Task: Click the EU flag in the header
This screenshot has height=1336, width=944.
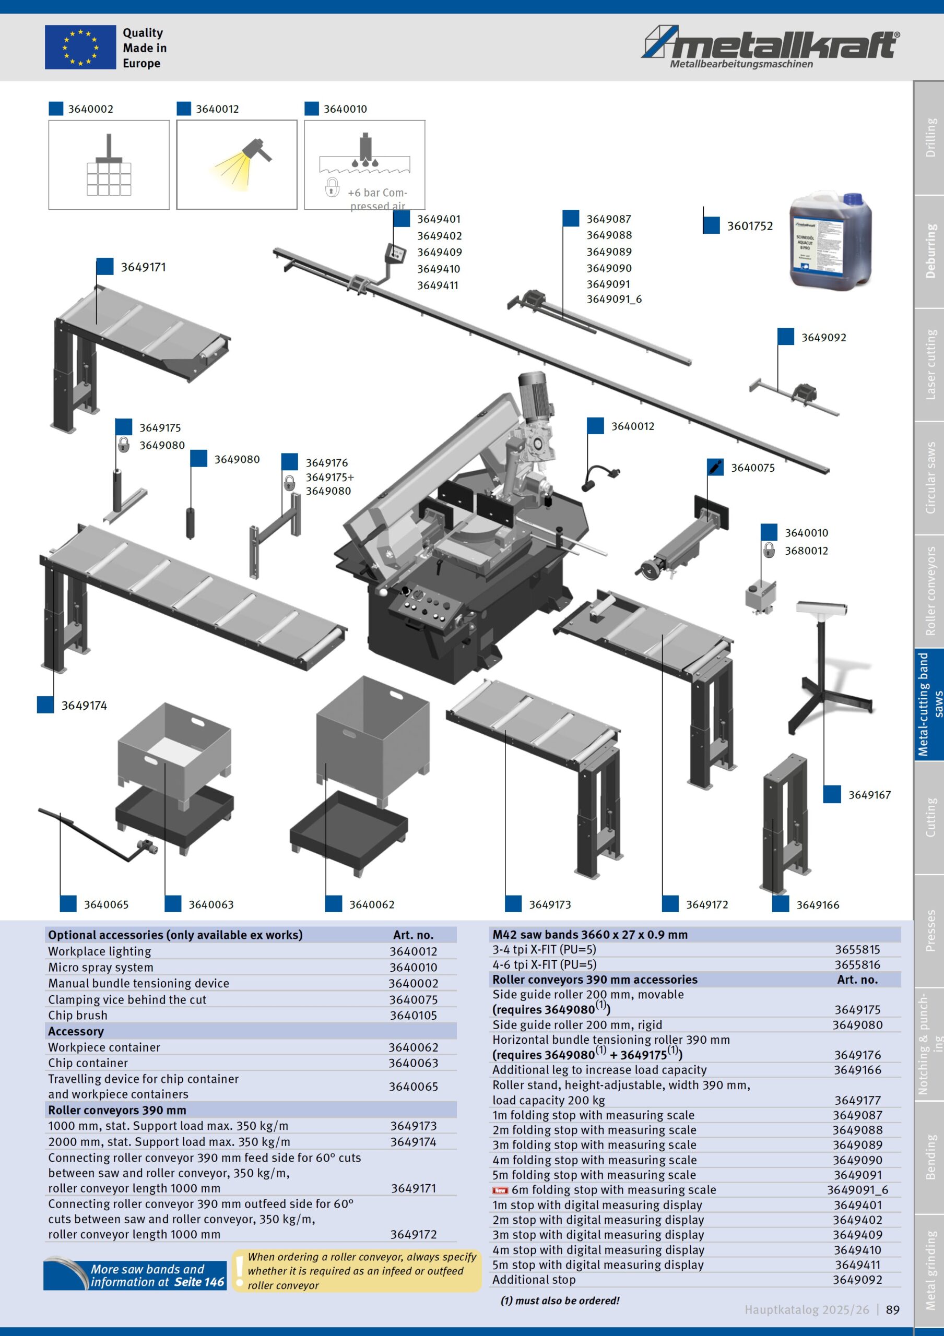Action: (x=80, y=47)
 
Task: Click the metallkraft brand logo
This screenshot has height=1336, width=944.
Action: (x=771, y=45)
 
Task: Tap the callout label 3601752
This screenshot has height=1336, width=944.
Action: (x=750, y=226)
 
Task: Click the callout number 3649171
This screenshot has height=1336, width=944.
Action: (x=143, y=267)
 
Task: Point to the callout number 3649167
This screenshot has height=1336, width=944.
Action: (x=869, y=795)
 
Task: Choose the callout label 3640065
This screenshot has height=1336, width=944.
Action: (x=106, y=904)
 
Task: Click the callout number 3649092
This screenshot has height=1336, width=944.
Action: (x=823, y=338)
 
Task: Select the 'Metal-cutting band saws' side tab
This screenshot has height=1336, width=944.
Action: (x=929, y=704)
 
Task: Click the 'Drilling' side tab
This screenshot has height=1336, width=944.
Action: (x=929, y=137)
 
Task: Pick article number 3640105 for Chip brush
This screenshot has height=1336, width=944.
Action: (x=413, y=1016)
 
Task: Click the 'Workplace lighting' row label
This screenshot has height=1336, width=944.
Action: (x=100, y=951)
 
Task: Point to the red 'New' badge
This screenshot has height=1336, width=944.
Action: (x=500, y=1190)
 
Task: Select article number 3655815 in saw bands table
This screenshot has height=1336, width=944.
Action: (x=857, y=950)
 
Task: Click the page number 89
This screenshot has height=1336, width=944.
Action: (x=892, y=1310)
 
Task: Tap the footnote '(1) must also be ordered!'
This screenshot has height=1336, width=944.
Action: (x=560, y=1301)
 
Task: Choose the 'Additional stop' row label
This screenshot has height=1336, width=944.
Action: (x=534, y=1280)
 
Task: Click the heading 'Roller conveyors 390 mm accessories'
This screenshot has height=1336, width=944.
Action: (x=594, y=980)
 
